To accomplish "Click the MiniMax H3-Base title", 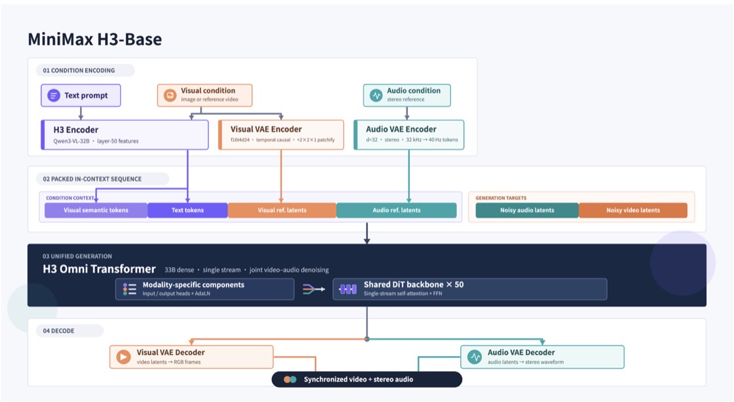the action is (95, 39).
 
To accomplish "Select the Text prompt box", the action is (81, 95).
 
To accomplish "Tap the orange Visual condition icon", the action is (169, 95).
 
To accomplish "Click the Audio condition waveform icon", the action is (376, 95).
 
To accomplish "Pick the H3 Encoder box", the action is (125, 134).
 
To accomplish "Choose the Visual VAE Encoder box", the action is (281, 134).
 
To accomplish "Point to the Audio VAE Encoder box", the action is (408, 134).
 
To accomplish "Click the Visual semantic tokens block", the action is (96, 211).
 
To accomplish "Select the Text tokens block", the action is (188, 211).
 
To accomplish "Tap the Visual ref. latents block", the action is (282, 211).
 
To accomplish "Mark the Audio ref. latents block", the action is (397, 211).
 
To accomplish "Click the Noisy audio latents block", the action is (527, 211).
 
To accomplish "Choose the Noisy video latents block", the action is (633, 211).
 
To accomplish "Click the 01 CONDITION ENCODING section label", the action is (79, 71).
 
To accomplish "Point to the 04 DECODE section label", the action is (58, 331).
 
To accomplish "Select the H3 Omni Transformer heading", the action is (99, 269).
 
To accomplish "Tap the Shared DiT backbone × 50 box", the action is (470, 289).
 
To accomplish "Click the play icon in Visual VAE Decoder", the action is (123, 357).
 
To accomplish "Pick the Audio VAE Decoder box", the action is (542, 357).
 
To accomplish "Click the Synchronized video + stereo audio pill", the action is (367, 380).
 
